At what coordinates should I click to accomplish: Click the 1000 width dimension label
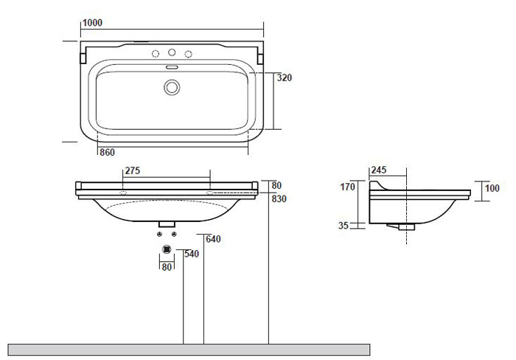tap(92, 23)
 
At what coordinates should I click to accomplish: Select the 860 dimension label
tap(108, 152)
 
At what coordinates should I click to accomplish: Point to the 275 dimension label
tap(132, 170)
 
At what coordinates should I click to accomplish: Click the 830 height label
tap(279, 199)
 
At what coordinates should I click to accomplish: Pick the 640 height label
tap(214, 239)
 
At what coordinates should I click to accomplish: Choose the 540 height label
tap(192, 254)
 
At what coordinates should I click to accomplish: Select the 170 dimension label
tap(348, 187)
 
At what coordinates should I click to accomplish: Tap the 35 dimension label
tap(344, 226)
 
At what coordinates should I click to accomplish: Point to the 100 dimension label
tap(492, 189)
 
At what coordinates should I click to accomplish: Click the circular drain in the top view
tap(172, 87)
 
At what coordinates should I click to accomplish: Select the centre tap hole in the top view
tap(172, 52)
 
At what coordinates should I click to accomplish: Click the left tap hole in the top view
tap(156, 54)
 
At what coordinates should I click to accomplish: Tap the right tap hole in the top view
tap(188, 54)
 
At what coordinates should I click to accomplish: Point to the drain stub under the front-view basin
tap(167, 223)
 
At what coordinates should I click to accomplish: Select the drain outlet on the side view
tap(403, 227)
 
